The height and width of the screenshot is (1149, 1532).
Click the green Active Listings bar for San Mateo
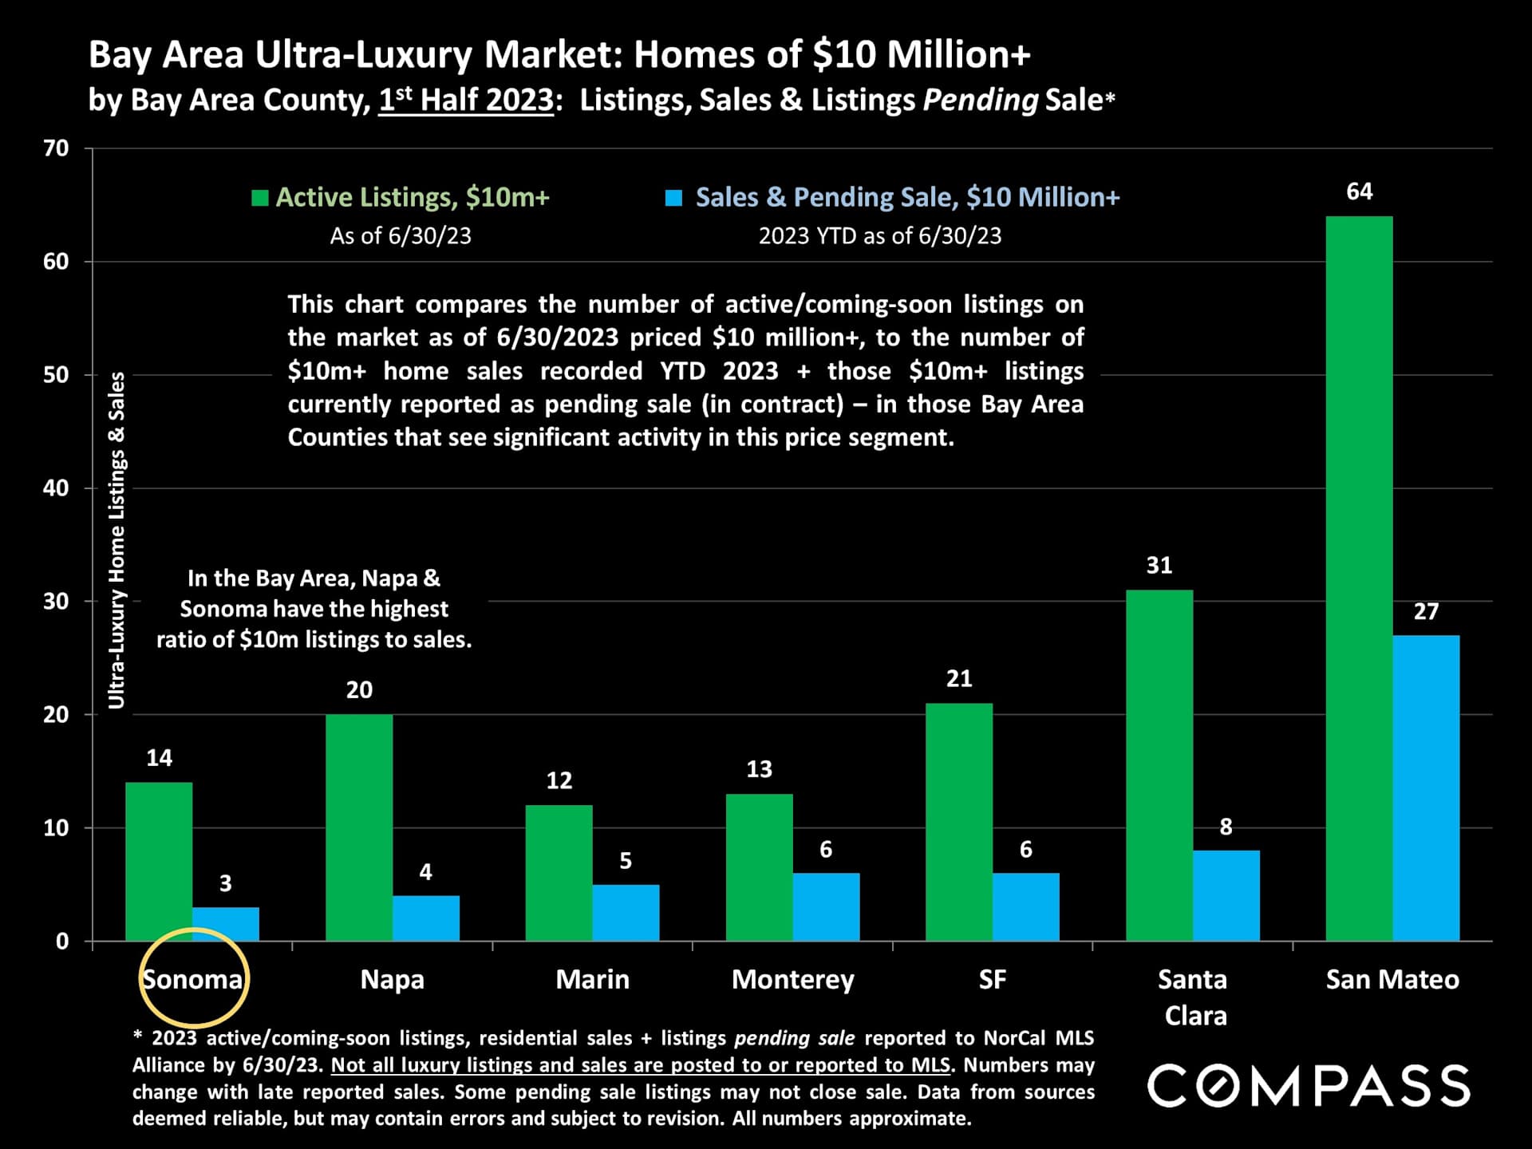(x=1359, y=578)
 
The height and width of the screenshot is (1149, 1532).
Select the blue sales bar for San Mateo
(x=1426, y=788)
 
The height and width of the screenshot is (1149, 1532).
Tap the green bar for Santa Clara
(x=1159, y=765)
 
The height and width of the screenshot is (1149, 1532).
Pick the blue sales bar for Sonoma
(x=226, y=924)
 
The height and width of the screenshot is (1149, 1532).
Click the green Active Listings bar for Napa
(x=359, y=827)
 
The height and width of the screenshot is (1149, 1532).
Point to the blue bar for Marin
(x=626, y=912)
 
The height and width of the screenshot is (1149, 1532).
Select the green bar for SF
(x=959, y=822)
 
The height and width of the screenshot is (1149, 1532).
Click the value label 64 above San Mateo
(x=1359, y=191)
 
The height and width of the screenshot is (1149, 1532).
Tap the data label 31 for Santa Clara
(x=1159, y=566)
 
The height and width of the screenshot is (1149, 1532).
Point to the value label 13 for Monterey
(x=759, y=769)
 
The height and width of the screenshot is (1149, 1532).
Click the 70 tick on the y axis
(x=57, y=148)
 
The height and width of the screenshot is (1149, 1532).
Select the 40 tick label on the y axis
(x=57, y=488)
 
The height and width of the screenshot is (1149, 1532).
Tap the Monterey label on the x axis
(x=792, y=979)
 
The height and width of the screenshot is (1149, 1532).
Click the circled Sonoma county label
(x=192, y=979)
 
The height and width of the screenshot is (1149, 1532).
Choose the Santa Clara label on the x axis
(x=1194, y=997)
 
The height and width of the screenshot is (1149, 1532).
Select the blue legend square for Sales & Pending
(x=674, y=198)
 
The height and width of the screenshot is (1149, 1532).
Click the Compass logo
(x=1309, y=1085)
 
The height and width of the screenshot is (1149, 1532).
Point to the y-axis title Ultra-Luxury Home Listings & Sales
(x=117, y=540)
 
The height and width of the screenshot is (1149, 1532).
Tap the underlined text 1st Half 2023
(x=466, y=101)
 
